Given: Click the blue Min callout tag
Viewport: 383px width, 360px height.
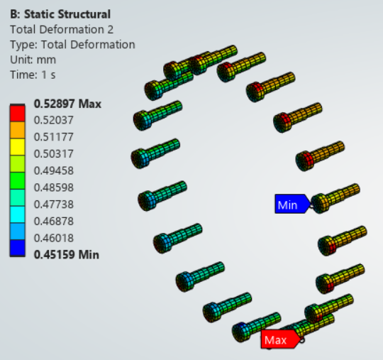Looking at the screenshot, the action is click(x=292, y=204).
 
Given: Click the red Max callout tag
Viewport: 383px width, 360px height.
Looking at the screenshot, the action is click(x=280, y=339).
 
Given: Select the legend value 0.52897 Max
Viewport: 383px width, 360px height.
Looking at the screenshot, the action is click(x=67, y=104).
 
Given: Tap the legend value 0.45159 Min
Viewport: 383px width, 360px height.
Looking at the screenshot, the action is click(x=67, y=255).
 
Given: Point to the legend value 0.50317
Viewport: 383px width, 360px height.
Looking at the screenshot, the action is click(x=54, y=154).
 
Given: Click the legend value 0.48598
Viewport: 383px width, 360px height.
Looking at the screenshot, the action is click(x=54, y=187).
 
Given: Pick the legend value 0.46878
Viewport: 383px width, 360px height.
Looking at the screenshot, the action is click(x=54, y=222).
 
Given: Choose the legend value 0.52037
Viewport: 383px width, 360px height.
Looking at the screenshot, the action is click(x=54, y=120).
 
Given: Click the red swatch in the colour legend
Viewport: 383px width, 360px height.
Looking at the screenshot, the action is click(x=17, y=113).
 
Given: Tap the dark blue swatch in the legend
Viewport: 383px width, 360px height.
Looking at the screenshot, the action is click(x=17, y=248).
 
